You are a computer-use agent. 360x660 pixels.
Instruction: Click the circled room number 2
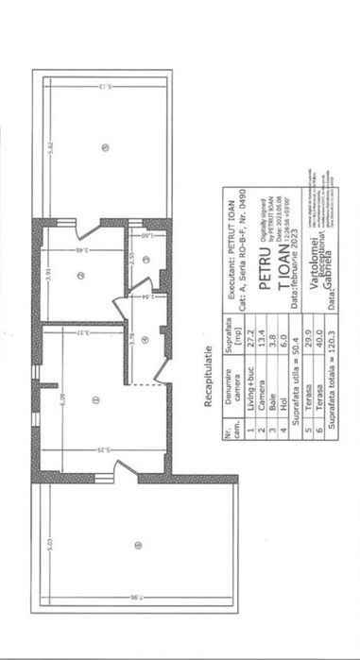point(81,275)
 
